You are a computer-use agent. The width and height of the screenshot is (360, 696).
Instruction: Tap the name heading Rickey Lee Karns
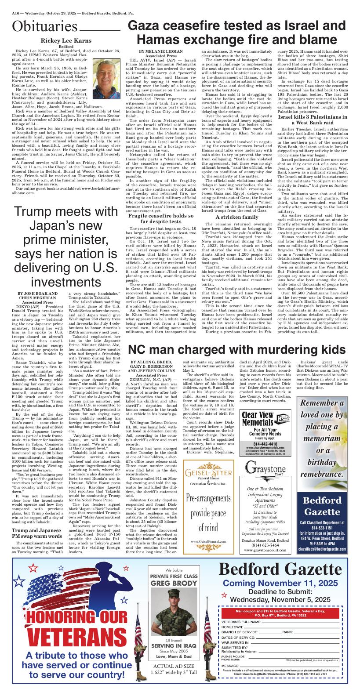pyautogui.click(x=66, y=41)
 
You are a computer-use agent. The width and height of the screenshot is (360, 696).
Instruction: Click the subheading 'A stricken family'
pyautogui.click(x=236, y=217)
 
